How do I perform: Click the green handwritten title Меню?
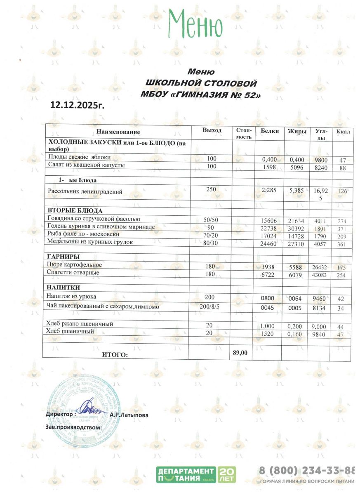(x=195, y=24)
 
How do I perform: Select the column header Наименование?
(x=118, y=132)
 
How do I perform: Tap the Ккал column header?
(x=343, y=132)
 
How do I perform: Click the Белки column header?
(x=268, y=131)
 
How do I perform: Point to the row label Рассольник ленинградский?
(x=85, y=191)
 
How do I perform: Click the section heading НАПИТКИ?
(x=63, y=288)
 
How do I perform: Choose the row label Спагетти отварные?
(x=73, y=273)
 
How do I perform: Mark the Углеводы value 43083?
(x=321, y=275)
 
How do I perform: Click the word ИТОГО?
(x=115, y=354)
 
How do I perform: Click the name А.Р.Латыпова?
(x=132, y=415)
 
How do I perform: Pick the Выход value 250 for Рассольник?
(x=211, y=189)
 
